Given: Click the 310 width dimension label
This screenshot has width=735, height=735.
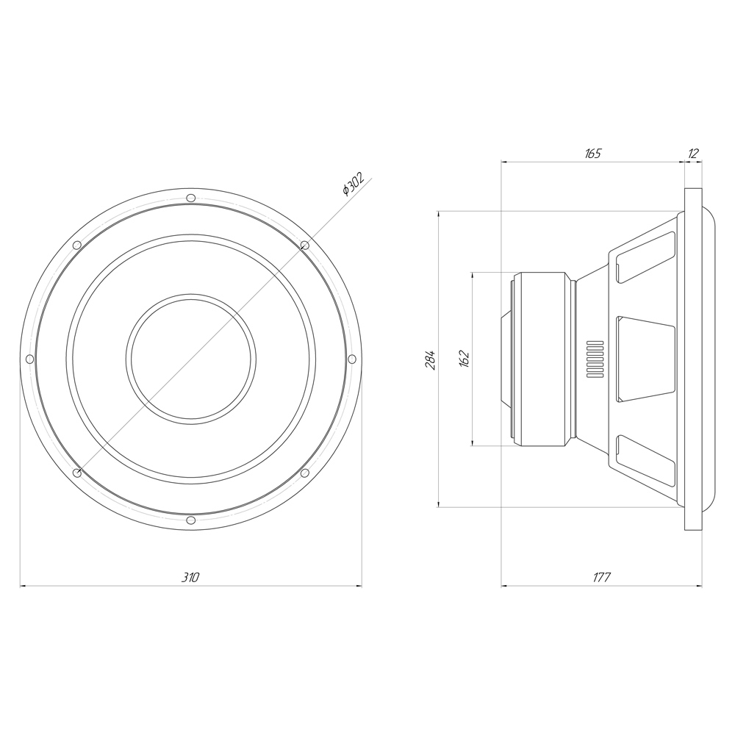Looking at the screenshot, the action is point(190,577).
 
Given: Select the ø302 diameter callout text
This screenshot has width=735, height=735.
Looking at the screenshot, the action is point(354,184).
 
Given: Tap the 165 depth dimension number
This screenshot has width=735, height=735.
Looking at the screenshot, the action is point(592,154).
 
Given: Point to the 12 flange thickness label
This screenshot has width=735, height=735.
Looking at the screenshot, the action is point(693,154).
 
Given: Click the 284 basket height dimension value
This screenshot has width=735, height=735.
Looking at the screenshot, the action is point(430,359).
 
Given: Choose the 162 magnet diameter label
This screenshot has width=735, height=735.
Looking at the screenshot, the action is point(464,359).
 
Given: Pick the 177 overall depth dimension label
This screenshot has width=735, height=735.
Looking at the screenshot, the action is point(602,577).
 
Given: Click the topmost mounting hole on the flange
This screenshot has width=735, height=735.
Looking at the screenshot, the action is point(191,198).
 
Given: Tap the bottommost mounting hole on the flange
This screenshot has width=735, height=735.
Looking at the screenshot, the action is point(191,520).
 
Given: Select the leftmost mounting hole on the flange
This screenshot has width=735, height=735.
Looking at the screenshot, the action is point(29,359).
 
